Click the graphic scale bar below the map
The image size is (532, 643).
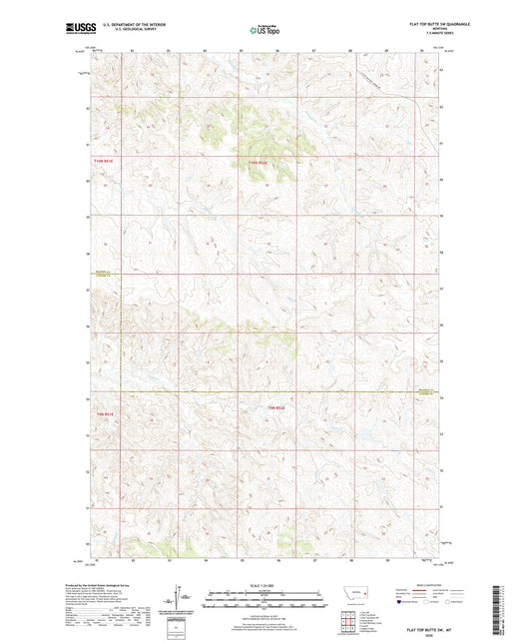click(x=266, y=603)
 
